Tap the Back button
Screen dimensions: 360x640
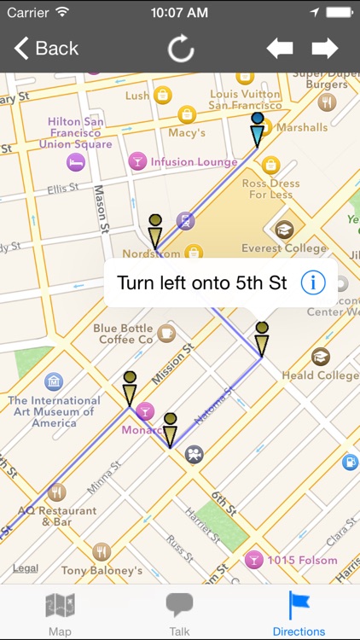[46, 49]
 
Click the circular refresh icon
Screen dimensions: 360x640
[181, 49]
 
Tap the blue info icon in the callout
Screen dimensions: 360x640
[313, 282]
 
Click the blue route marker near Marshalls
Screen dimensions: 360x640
[257, 130]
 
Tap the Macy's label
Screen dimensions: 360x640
[187, 132]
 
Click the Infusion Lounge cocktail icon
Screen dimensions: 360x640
[136, 161]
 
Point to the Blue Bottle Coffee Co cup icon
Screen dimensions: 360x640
[166, 333]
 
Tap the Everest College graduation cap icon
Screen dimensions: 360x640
[284, 230]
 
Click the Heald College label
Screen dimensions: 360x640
[326, 375]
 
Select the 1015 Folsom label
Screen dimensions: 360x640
[302, 561]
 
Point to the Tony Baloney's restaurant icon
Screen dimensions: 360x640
[102, 552]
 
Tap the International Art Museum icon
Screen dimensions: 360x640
[54, 381]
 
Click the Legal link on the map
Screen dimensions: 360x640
[26, 568]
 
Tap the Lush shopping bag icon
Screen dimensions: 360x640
[162, 96]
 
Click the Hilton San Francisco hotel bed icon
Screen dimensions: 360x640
[77, 161]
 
